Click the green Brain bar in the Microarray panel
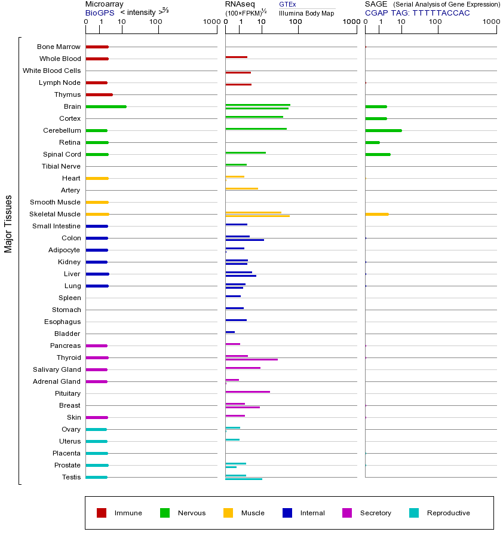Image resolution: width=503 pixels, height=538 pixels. [106, 106]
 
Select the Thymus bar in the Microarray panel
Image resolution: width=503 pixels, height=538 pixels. [99, 94]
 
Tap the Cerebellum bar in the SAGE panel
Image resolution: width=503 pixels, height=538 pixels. [383, 130]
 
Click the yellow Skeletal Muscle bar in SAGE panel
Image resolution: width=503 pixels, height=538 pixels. [376, 214]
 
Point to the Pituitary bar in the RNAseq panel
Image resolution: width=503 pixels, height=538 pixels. [247, 392]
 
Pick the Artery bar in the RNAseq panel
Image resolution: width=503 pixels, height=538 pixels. [241, 189]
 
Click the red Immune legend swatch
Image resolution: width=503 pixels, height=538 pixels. [102, 513]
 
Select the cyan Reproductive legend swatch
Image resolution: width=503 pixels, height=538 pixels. [414, 513]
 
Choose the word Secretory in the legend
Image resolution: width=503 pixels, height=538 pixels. [375, 513]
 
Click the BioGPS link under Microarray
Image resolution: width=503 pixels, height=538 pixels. [99, 13]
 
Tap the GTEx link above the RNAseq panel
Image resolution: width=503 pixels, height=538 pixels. [287, 4]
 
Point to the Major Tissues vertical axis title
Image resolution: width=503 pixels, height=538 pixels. [8, 224]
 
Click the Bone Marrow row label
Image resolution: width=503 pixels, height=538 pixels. [59, 47]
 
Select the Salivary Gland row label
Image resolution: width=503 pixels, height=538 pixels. [57, 369]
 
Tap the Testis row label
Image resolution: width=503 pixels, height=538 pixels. [71, 477]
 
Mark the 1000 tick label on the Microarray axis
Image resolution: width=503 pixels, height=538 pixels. [211, 22]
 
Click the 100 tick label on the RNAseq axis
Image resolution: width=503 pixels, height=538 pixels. [295, 22]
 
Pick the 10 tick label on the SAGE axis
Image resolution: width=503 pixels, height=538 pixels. [401, 22]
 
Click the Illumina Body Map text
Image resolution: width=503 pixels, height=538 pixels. [306, 13]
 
